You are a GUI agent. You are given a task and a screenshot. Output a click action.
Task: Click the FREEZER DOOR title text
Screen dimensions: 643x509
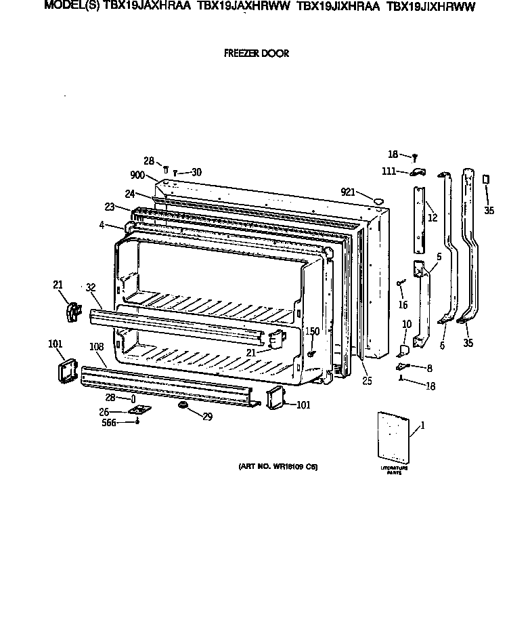(x=256, y=54)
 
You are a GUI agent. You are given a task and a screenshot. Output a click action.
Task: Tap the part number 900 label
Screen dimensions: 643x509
(x=137, y=175)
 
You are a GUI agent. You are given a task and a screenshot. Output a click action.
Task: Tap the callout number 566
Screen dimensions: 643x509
(x=108, y=422)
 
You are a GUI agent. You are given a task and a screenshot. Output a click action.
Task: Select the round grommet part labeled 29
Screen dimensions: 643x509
(x=182, y=406)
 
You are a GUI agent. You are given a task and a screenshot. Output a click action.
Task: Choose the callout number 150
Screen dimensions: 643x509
(x=312, y=331)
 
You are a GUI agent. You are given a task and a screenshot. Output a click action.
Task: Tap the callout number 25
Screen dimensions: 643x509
(x=367, y=380)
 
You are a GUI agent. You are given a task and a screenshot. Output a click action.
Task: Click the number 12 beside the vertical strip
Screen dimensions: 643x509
(x=432, y=217)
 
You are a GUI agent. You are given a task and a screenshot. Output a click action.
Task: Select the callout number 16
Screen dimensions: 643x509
(x=404, y=295)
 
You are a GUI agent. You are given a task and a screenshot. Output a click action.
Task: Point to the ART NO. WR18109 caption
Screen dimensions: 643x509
(x=278, y=467)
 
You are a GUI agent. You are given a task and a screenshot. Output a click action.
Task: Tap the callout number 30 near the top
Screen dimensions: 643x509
(x=196, y=172)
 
